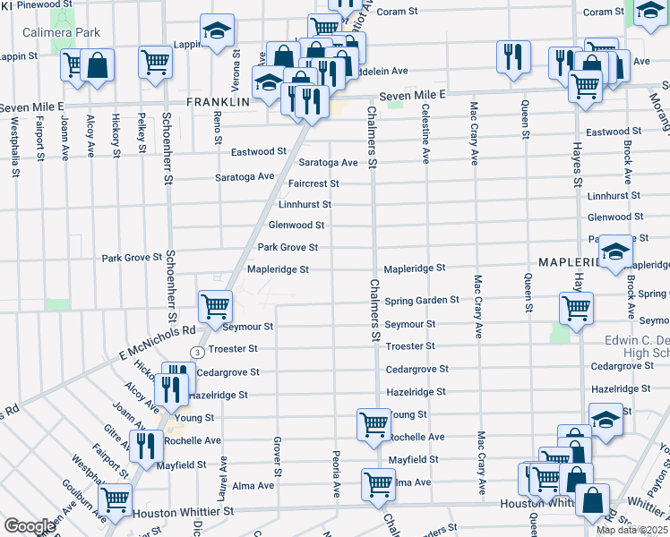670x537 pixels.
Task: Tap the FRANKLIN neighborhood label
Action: coord(217,103)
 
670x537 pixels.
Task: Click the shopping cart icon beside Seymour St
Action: coord(216,306)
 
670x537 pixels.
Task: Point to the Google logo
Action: coord(30,526)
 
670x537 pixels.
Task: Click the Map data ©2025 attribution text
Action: coord(631,530)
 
